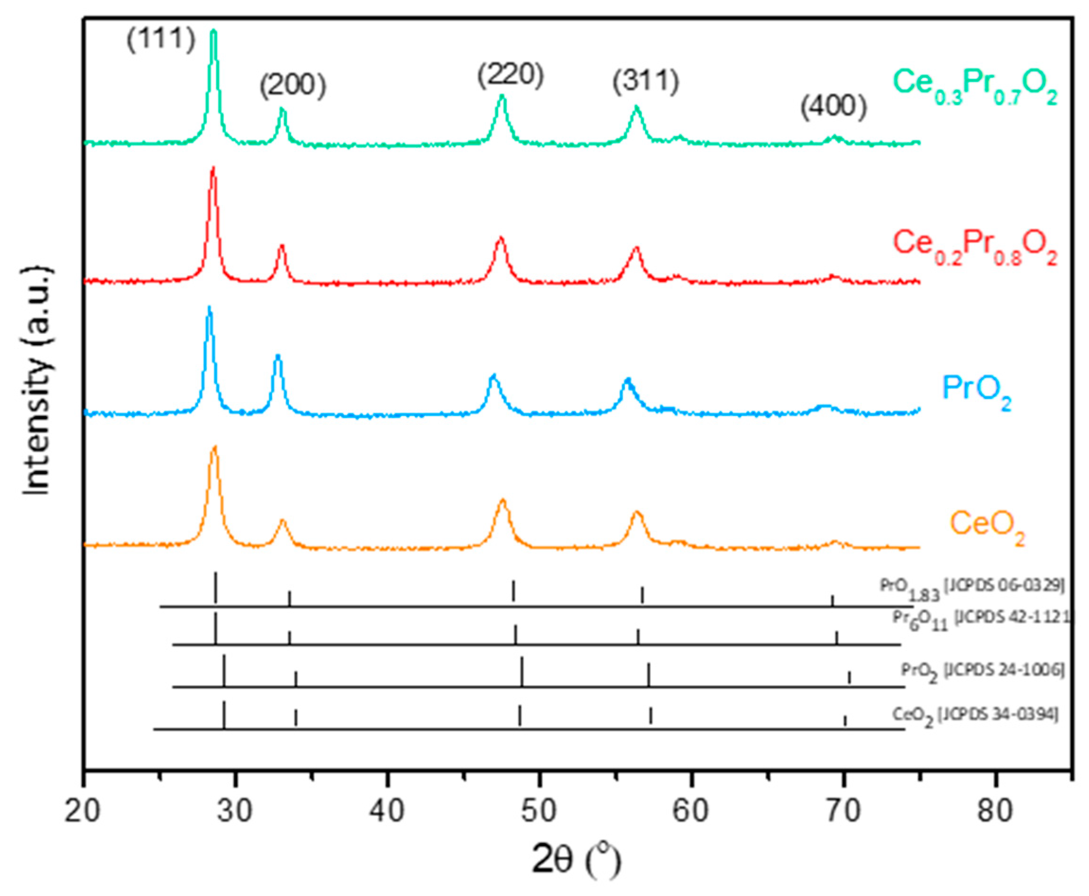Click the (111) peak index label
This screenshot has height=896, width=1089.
161,40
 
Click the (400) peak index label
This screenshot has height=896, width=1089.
834,107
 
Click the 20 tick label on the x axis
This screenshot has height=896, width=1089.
83,811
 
